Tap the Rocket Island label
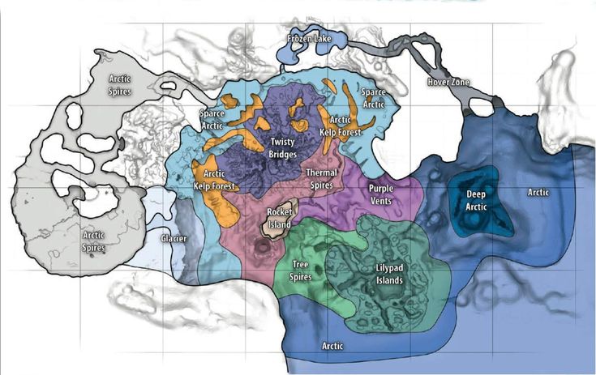pyautogui.click(x=280, y=217)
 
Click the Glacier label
pyautogui.click(x=174, y=239)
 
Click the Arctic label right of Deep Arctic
pyautogui.click(x=539, y=193)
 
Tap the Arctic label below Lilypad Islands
pyautogui.click(x=332, y=346)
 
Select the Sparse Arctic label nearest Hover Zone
pyautogui.click(x=374, y=98)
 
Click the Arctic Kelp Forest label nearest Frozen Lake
pyautogui.click(x=334, y=125)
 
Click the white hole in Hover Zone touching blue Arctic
pyautogui.click(x=481, y=107)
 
